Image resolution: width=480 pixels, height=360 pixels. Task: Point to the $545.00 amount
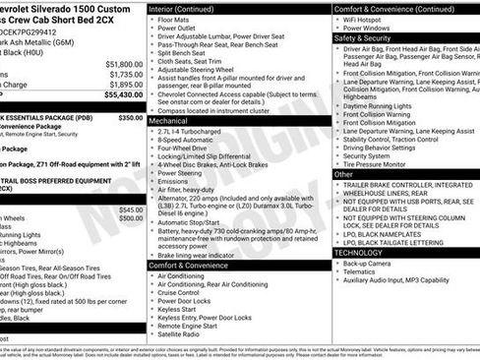pyautogui.click(x=130, y=209)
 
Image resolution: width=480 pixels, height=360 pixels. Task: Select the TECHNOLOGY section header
pyautogui.click(x=363, y=252)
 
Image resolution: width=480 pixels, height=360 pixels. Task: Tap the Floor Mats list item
pyautogui.click(x=177, y=19)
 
